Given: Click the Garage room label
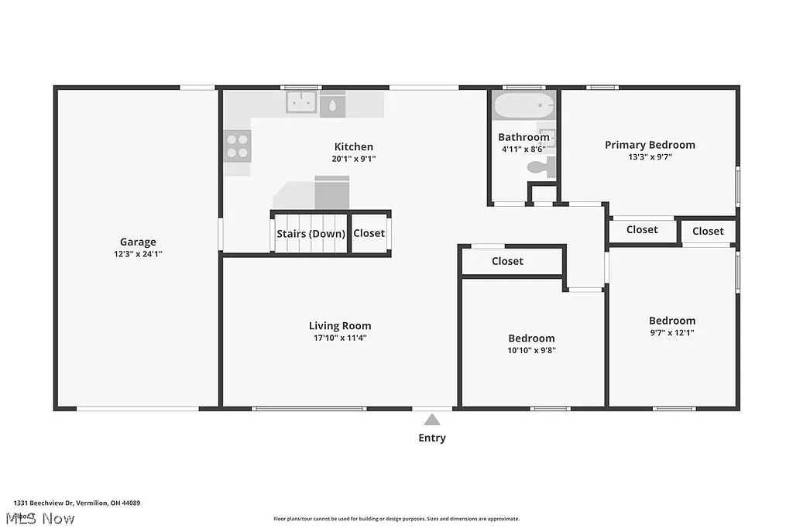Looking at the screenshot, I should coord(138,242).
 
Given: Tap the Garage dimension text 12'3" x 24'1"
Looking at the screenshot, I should coord(138,253).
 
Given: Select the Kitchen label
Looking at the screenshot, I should coord(353,146).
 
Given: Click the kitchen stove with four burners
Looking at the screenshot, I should coord(238,146).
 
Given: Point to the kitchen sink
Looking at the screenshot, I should coord(300,101).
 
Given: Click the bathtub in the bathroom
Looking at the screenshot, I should coord(524,105).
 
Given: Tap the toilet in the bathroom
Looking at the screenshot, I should coord(537,167).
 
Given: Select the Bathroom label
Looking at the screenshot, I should coord(524,137).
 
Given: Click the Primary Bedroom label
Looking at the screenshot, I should coord(650,145).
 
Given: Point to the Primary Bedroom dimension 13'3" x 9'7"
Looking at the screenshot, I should coord(650,156).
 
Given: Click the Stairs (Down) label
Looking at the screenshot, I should coord(311,233).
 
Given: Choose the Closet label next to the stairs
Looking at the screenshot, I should coord(369,233).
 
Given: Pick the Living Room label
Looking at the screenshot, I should coord(340,326).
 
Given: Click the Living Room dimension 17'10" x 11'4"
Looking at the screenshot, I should coord(340,338).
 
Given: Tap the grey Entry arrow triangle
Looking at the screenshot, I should coord(432,420).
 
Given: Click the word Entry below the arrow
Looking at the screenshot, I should coord(432,438).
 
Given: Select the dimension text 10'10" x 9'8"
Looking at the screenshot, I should coord(531,350).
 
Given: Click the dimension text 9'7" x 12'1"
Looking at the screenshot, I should coord(671,332).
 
